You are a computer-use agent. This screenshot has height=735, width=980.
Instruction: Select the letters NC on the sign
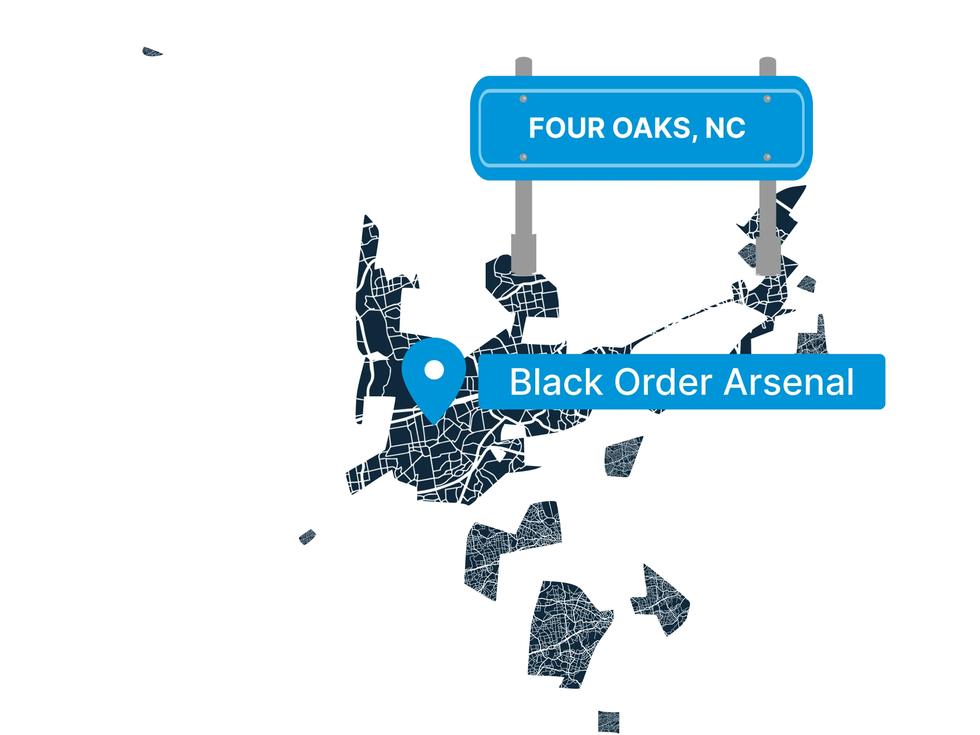click(x=725, y=128)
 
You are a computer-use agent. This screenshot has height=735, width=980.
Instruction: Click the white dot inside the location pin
click(x=434, y=370)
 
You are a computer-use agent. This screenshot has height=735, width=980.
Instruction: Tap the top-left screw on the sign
click(x=523, y=99)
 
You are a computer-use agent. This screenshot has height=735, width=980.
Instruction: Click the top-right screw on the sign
click(x=767, y=99)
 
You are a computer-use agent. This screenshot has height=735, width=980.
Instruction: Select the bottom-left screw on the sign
click(x=523, y=157)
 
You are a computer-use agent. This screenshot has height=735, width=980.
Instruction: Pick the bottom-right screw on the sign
click(x=767, y=157)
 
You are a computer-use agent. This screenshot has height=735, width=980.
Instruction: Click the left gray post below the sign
click(x=524, y=226)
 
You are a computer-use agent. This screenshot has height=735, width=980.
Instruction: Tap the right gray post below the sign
click(x=768, y=226)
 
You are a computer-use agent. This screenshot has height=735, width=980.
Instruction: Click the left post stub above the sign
click(x=524, y=66)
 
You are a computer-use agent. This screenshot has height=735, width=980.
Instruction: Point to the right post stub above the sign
click(x=768, y=66)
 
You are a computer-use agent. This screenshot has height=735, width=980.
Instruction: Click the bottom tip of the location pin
click(x=434, y=421)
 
